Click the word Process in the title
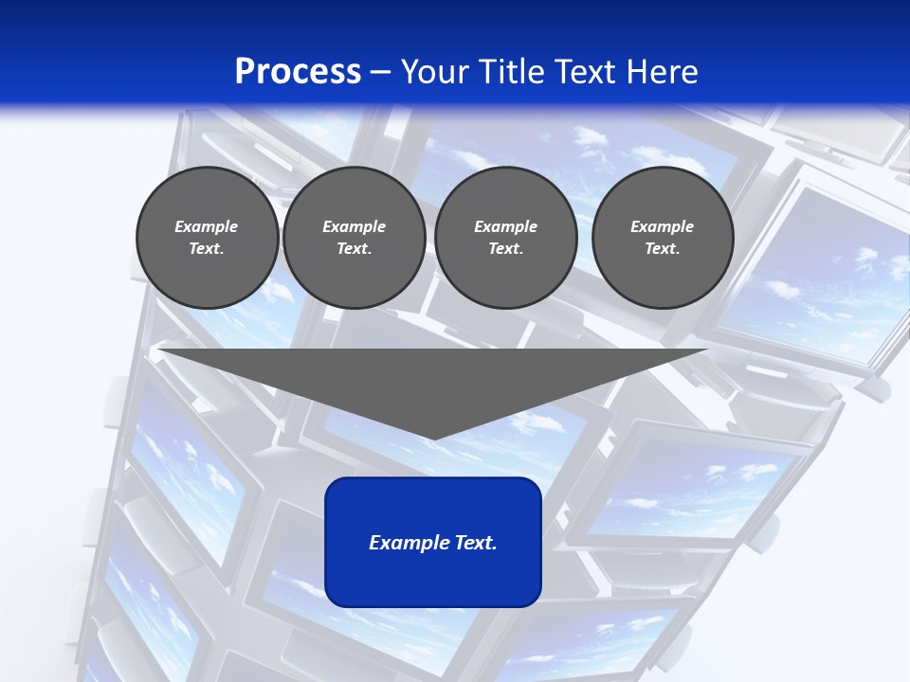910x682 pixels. click(x=298, y=72)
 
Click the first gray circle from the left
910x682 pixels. click(x=207, y=238)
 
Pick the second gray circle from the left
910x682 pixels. click(x=354, y=238)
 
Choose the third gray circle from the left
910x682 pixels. click(x=505, y=238)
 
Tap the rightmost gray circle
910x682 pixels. click(x=663, y=238)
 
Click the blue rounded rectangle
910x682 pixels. click(x=433, y=568)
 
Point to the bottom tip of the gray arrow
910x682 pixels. click(x=433, y=439)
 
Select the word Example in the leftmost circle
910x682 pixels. click(x=207, y=226)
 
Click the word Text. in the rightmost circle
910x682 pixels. click(x=663, y=249)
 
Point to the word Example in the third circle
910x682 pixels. click(x=505, y=226)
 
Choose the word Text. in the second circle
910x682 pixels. click(x=354, y=249)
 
